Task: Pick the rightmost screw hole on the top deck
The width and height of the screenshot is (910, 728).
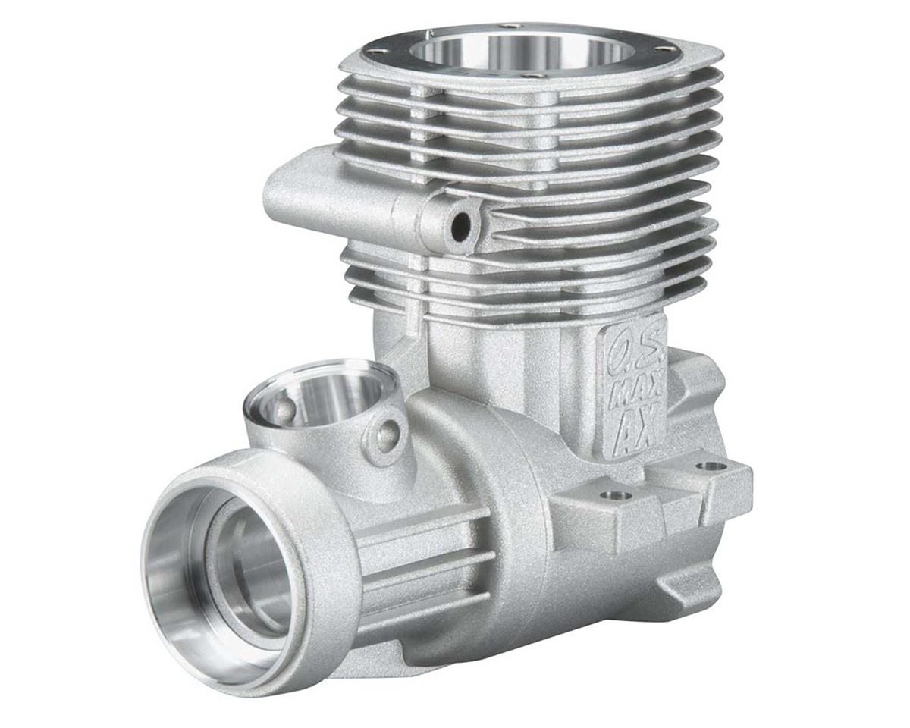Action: pyautogui.click(x=667, y=49)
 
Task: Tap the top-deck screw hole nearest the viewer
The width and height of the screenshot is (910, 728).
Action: pyautogui.click(x=535, y=76)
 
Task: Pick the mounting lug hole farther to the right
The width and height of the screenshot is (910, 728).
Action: pyautogui.click(x=711, y=466)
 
